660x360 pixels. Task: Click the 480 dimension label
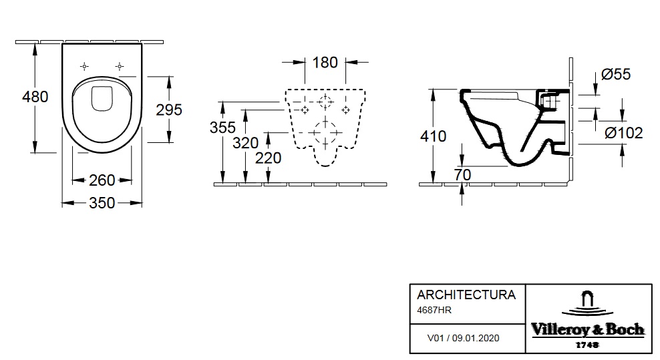coord(35,97)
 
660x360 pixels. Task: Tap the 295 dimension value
coord(168,110)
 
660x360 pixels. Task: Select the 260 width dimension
coord(102,180)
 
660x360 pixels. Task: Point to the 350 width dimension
coord(102,203)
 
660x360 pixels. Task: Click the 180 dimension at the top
coord(325,63)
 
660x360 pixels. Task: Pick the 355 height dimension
coord(223,128)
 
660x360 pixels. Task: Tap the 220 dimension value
coord(269,158)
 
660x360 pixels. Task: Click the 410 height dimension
coord(434,136)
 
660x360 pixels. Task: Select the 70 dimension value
coord(462,174)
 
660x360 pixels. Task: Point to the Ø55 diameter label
coord(615,74)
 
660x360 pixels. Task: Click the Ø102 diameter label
coord(623,133)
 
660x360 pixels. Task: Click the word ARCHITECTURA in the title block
coord(466,295)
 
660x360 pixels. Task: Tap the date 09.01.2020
coord(476,338)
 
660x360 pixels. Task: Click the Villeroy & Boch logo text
coord(587,329)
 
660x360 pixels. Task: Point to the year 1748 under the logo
coord(587,344)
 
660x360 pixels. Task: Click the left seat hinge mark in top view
coord(84,66)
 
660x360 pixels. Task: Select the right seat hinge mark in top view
coord(119,66)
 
